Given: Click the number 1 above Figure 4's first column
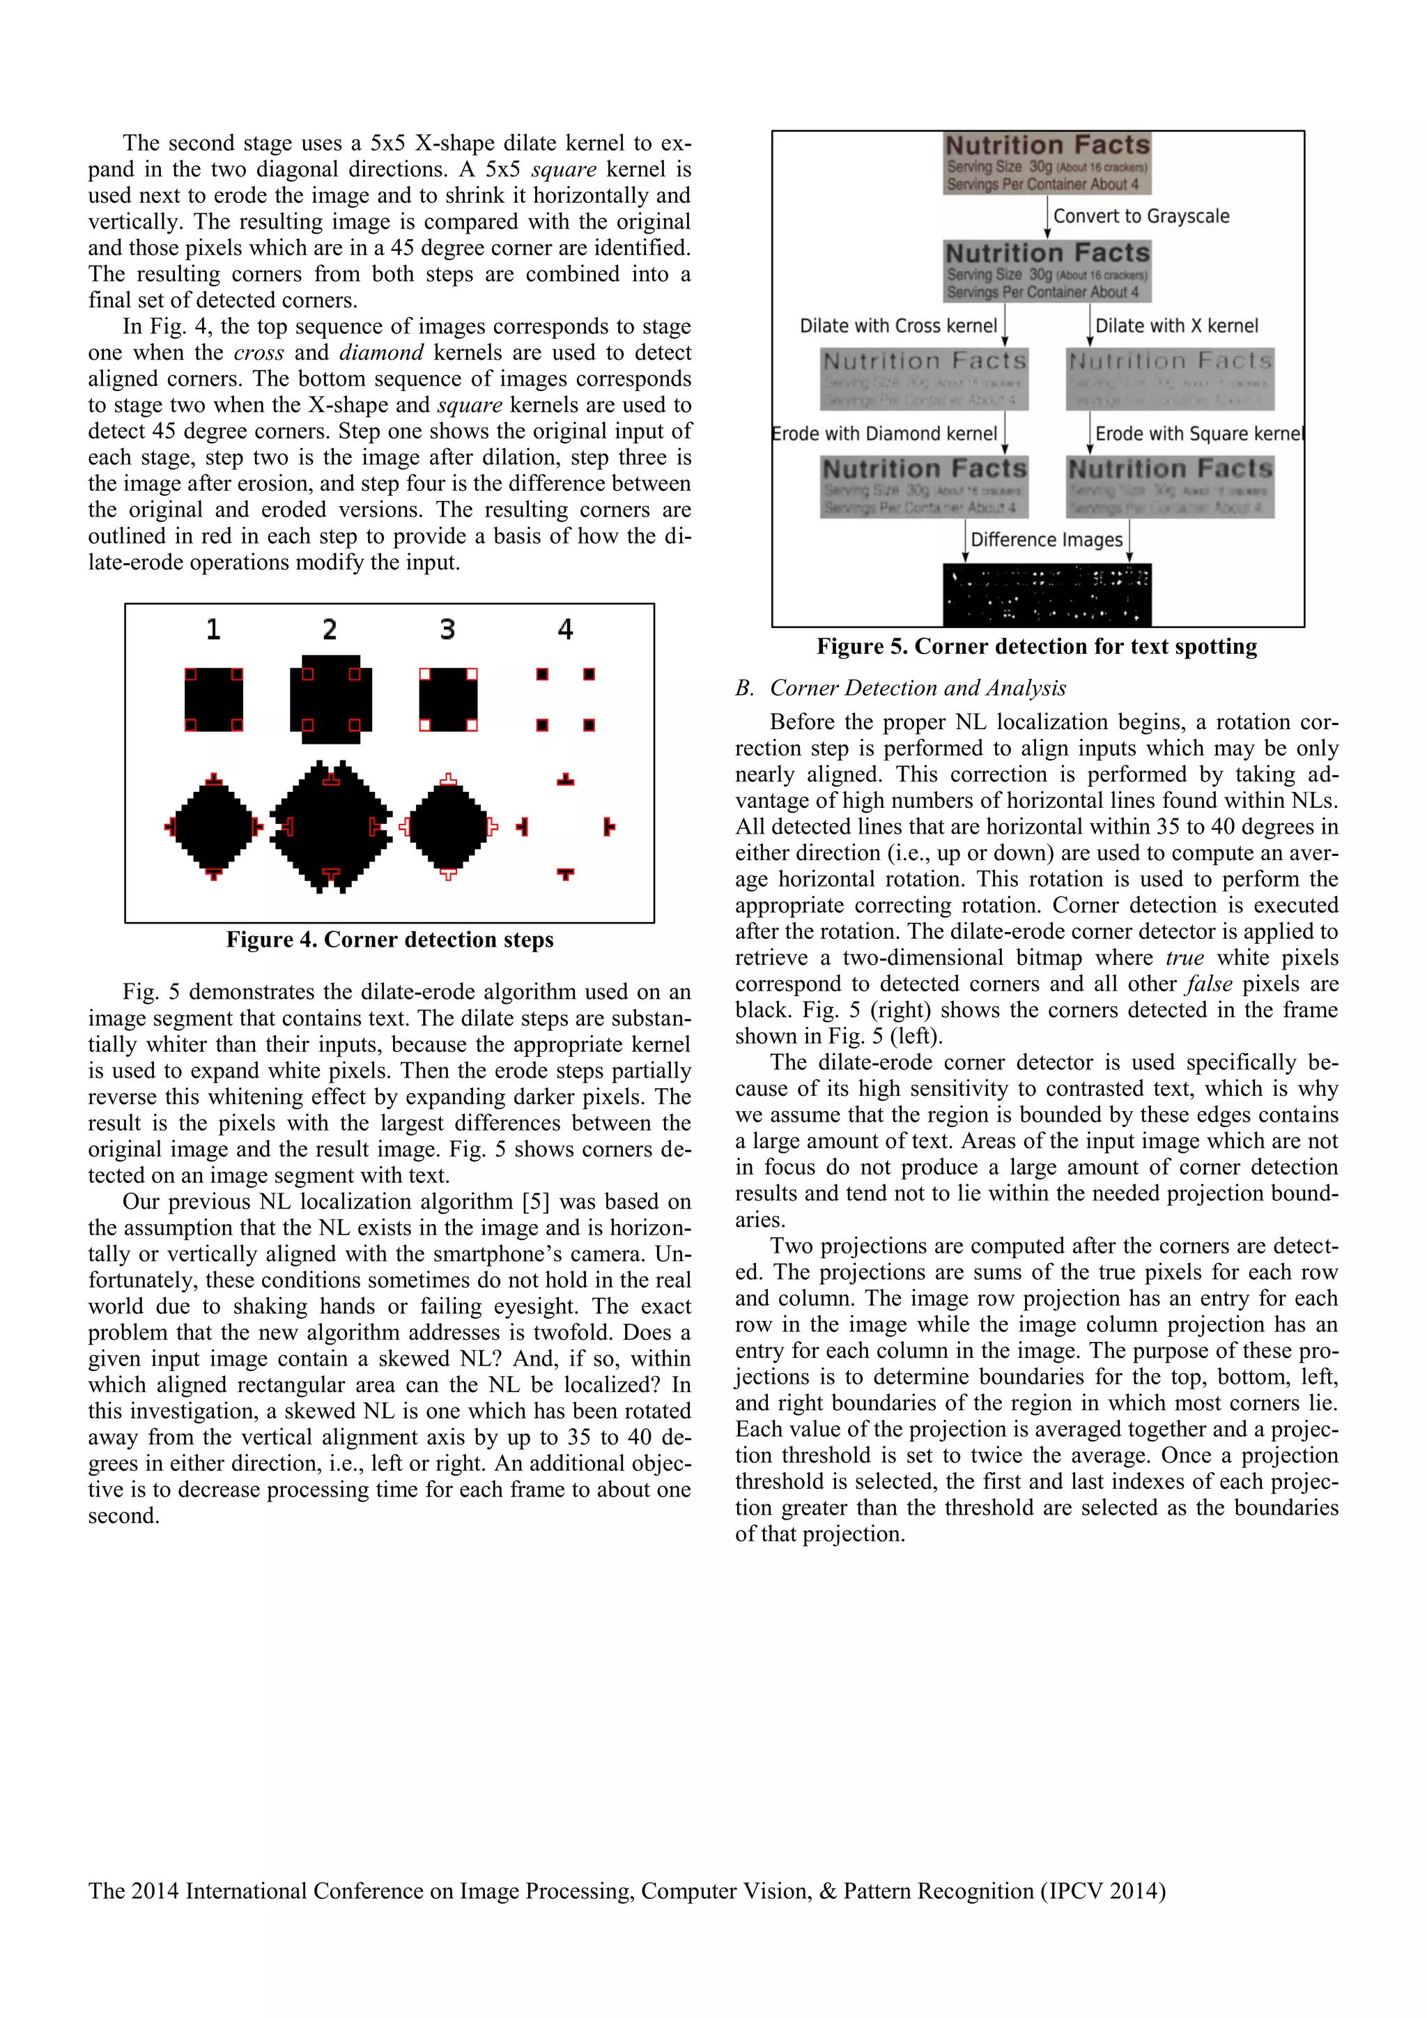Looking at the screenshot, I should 213,629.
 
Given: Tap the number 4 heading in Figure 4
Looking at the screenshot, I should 565,629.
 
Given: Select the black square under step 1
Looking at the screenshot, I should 213,700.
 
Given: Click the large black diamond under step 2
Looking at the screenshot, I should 330,826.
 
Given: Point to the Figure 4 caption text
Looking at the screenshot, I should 389,940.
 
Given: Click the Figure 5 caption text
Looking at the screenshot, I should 1037,647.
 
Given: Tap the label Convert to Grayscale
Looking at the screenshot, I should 1141,216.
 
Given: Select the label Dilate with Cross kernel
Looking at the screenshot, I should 898,326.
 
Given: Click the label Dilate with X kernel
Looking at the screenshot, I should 1177,326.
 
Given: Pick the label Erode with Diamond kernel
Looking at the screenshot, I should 884,434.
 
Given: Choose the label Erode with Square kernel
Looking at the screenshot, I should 1198,434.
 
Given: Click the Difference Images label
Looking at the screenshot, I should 1047,540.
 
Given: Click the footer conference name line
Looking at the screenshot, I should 626,1890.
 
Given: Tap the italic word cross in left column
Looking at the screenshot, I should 259,353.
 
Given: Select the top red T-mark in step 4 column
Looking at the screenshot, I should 566,779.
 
